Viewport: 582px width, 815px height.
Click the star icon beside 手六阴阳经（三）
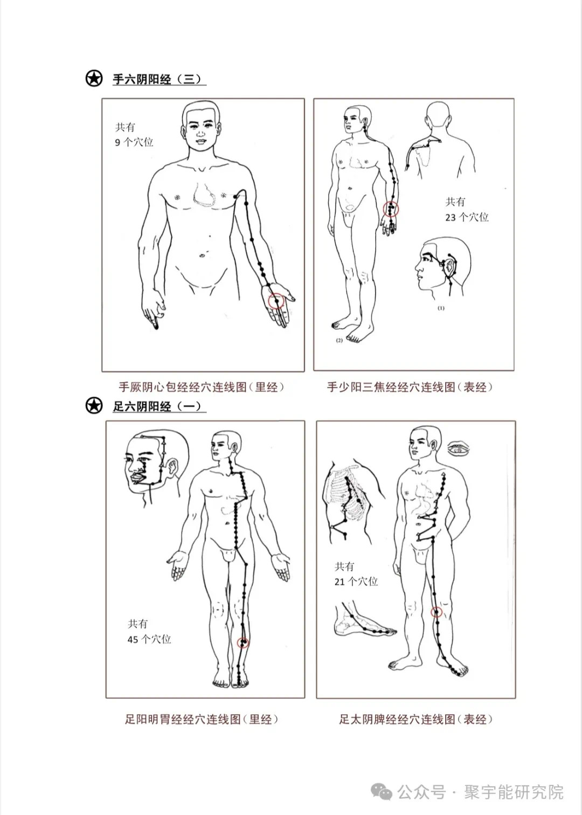(94, 79)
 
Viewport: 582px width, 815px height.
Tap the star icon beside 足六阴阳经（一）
(94, 405)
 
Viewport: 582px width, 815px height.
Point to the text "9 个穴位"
(134, 142)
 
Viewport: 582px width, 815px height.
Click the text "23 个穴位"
(467, 217)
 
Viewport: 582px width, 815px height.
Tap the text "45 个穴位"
(149, 639)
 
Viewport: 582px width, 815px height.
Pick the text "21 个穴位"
(356, 582)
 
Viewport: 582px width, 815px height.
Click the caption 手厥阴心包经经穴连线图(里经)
(202, 387)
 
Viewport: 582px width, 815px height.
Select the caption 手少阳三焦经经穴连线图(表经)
(410, 387)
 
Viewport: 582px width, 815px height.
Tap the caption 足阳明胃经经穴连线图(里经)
(202, 719)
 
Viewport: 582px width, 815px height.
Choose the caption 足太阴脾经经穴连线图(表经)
(415, 719)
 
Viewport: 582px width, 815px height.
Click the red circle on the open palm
(276, 301)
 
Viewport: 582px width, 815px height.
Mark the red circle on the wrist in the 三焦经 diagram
(391, 209)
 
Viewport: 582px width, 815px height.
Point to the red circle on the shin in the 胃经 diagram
(244, 642)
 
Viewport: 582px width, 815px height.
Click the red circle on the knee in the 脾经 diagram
(436, 612)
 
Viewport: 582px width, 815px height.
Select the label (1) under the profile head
(441, 308)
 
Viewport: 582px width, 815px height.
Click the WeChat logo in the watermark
(385, 792)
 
